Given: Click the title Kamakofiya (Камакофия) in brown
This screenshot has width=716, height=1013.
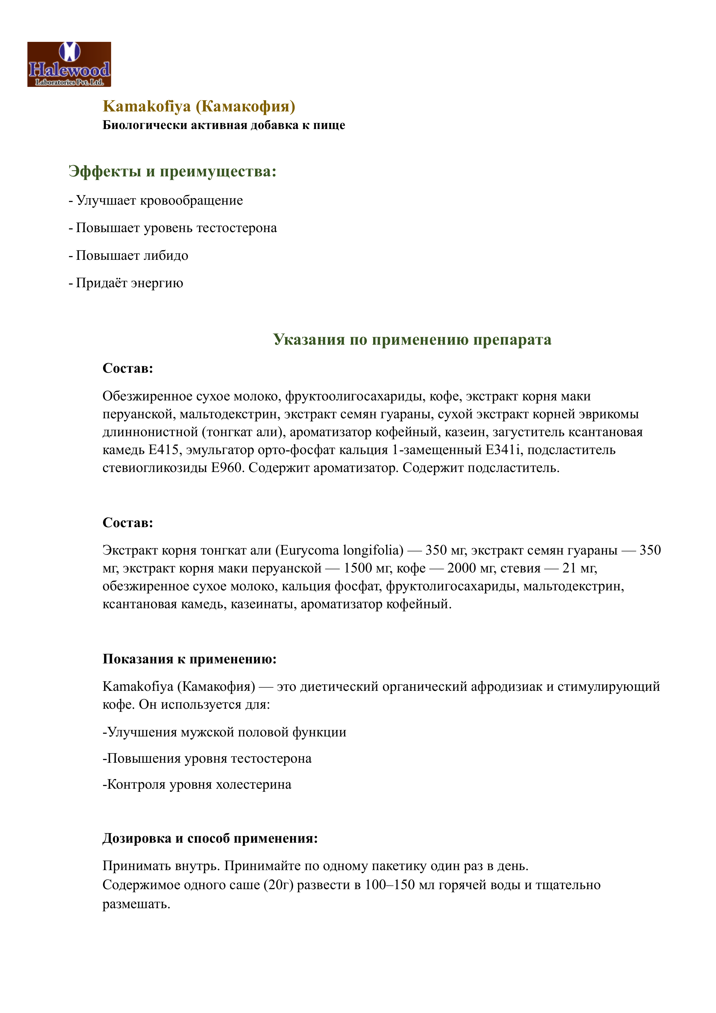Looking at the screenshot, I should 199,106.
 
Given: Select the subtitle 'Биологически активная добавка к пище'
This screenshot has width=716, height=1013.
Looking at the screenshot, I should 224,125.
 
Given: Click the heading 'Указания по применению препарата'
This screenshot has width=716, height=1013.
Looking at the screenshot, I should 412,340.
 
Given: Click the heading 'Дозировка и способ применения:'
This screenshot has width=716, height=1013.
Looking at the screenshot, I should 210,838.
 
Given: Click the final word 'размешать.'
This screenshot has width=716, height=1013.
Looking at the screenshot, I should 136,904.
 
